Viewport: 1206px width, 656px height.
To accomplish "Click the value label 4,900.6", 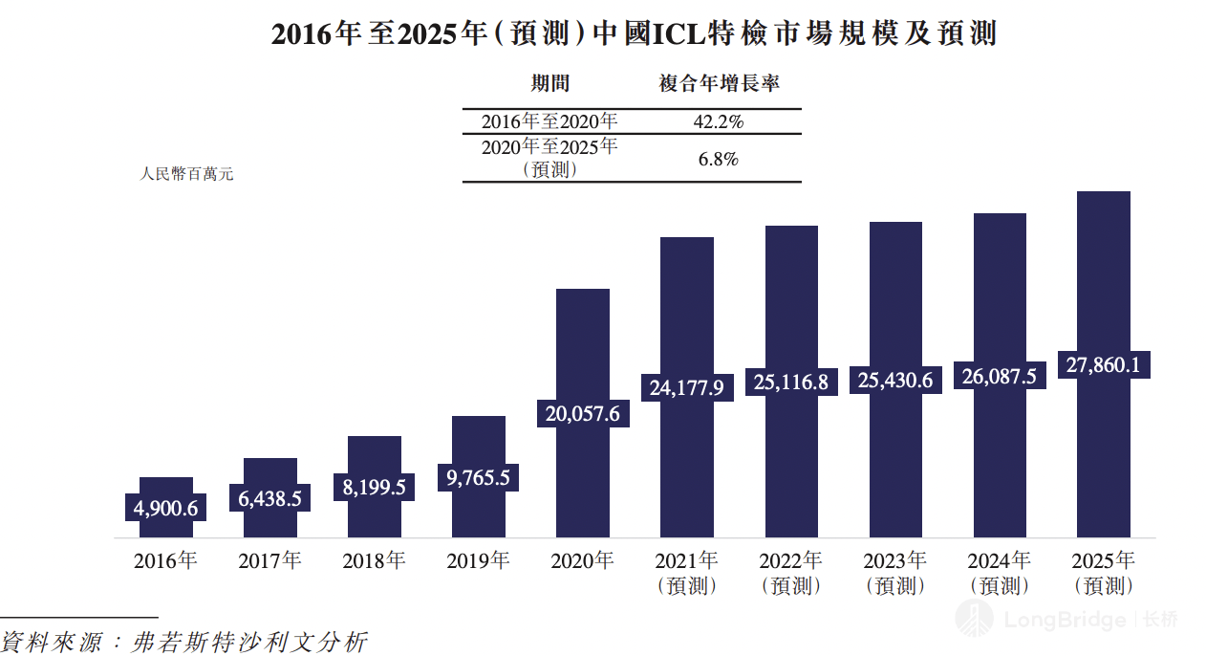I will (x=166, y=508).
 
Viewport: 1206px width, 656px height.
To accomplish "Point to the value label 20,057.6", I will (x=583, y=413).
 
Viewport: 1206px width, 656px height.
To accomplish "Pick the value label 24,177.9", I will (x=687, y=387).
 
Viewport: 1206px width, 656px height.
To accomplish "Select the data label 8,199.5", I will (x=375, y=487).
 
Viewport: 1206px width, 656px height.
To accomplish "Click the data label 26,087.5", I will (x=1000, y=376).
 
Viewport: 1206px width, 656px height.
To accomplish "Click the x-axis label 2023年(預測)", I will (x=895, y=573).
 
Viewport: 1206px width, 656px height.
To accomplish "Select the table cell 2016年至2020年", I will (x=549, y=122).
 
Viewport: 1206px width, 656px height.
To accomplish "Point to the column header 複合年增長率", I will (x=720, y=84).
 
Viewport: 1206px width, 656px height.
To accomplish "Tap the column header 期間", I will (x=550, y=84).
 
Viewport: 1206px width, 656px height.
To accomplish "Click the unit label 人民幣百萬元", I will (x=186, y=174).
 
